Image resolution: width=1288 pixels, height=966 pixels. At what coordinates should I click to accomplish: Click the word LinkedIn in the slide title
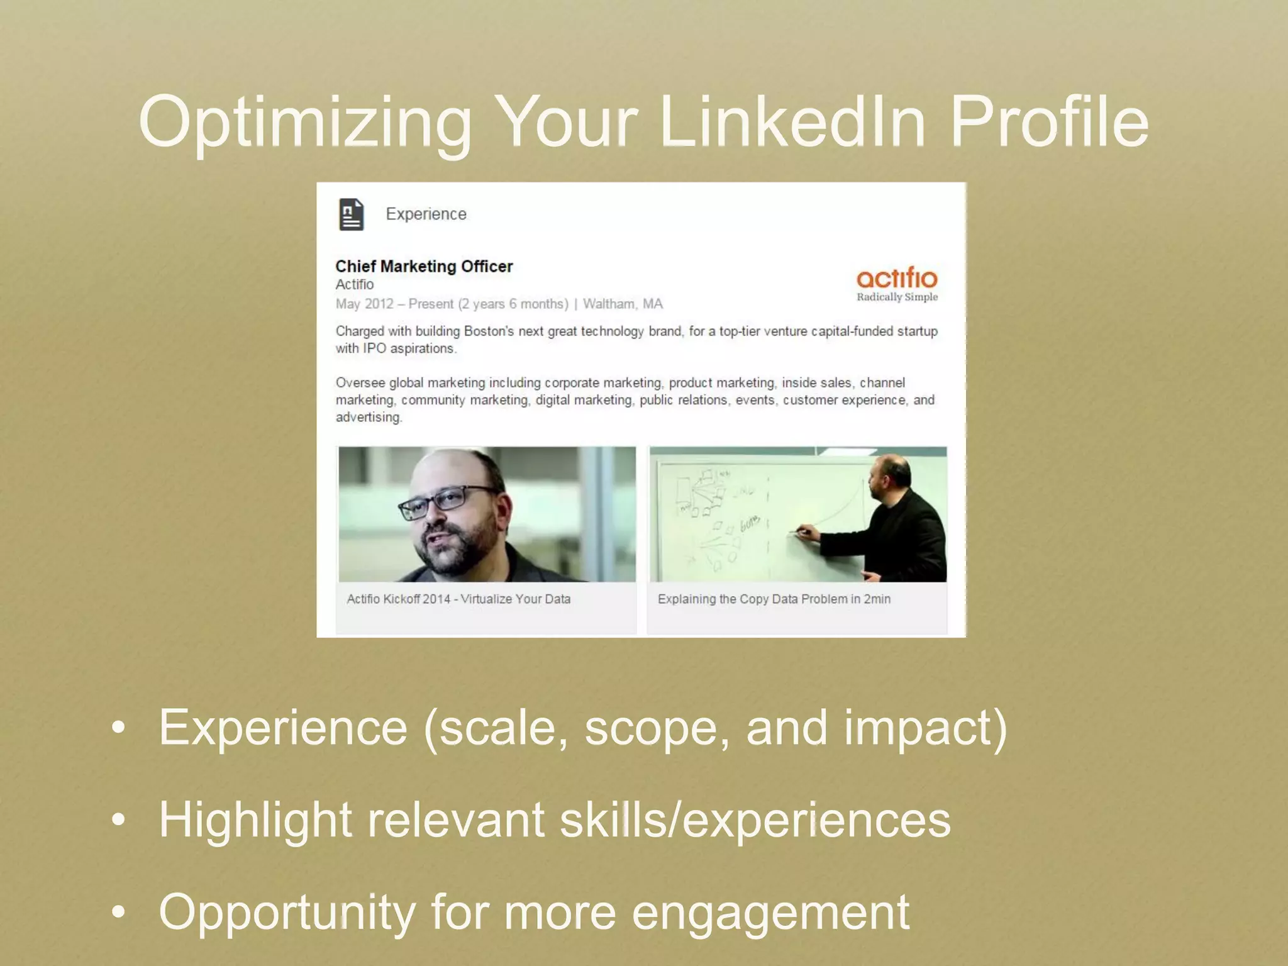792,121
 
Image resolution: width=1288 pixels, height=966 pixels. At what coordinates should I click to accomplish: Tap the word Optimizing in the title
305,121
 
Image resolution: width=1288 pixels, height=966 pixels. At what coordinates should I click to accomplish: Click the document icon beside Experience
352,214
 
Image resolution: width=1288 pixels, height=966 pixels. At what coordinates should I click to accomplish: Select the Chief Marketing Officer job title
424,267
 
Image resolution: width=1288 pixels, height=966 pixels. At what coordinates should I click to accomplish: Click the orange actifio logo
897,278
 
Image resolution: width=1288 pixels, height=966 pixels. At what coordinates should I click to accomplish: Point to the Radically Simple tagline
897,297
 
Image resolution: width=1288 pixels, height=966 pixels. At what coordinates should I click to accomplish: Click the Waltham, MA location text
623,304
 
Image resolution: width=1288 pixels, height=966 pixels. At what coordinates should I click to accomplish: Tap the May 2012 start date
364,304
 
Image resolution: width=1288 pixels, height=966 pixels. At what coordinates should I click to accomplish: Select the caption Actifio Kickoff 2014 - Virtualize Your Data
458,599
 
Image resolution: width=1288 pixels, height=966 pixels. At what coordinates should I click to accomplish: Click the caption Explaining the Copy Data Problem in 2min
774,599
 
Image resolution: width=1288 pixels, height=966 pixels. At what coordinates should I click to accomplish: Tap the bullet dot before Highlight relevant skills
118,820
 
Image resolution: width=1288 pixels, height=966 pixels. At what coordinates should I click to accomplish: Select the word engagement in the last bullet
770,912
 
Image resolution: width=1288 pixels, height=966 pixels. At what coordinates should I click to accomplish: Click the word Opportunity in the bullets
286,912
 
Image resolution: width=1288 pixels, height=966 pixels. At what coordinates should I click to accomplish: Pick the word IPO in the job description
374,348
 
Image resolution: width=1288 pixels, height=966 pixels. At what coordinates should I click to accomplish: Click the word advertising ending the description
368,418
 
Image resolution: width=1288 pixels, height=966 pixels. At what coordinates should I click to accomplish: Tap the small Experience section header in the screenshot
426,214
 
